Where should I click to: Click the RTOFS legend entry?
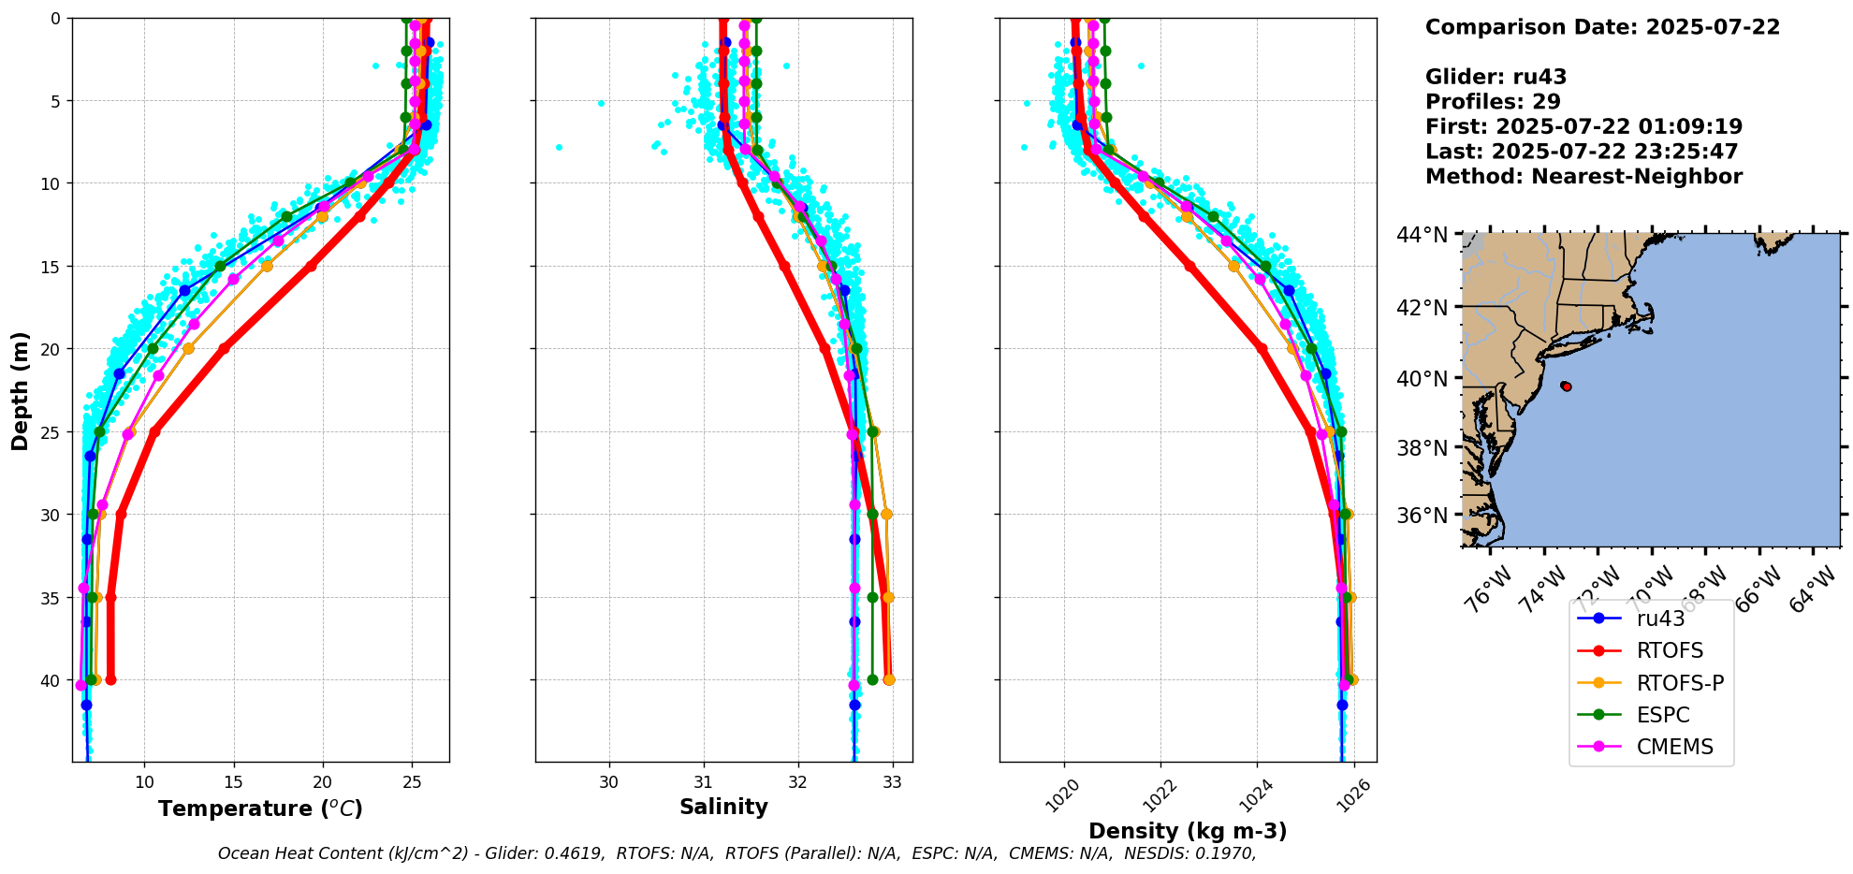pos(1670,651)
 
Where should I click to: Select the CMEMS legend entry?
pos(1674,748)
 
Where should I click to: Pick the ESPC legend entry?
pos(1663,716)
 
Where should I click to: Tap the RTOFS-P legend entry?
pos(1680,683)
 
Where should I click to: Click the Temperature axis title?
pos(260,809)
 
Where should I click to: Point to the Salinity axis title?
pos(723,808)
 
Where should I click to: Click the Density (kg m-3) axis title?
pos(1188,831)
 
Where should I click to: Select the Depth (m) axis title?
pos(21,390)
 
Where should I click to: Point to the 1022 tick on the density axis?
pos(1155,796)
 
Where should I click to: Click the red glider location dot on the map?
pos(1566,386)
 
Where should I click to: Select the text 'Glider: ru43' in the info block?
pos(1496,78)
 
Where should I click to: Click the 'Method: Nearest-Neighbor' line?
pos(1583,177)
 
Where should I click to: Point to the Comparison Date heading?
pos(1602,27)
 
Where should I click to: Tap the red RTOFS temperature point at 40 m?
pos(110,679)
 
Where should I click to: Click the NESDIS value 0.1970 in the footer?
pos(1227,853)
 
